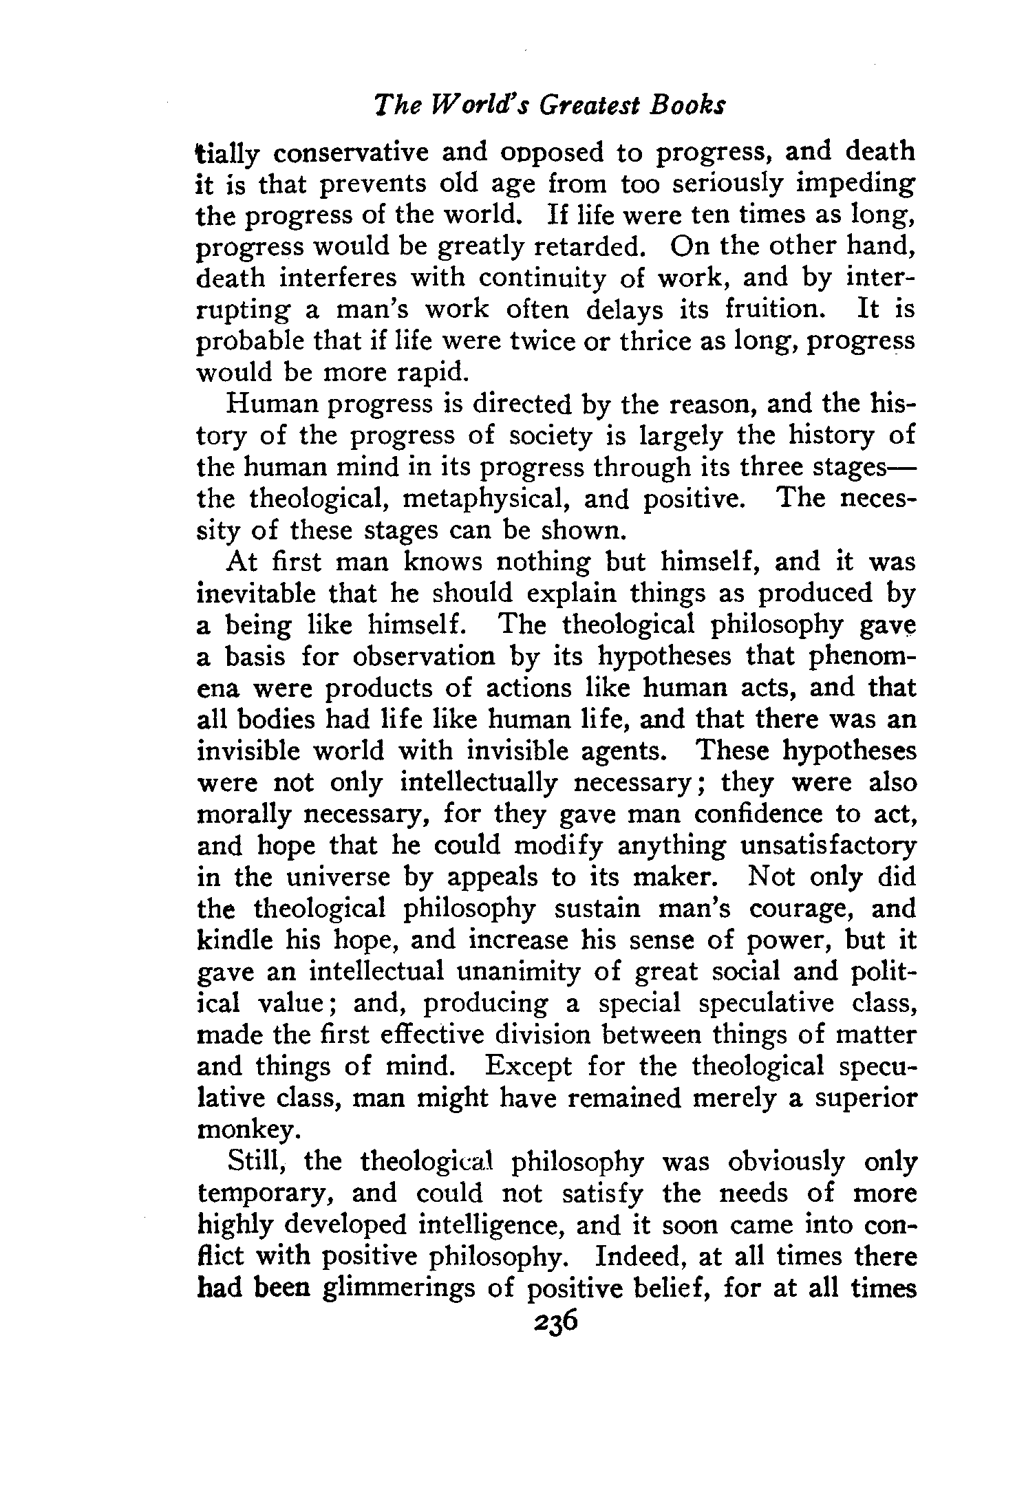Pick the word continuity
point(543,278)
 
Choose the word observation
point(423,656)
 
